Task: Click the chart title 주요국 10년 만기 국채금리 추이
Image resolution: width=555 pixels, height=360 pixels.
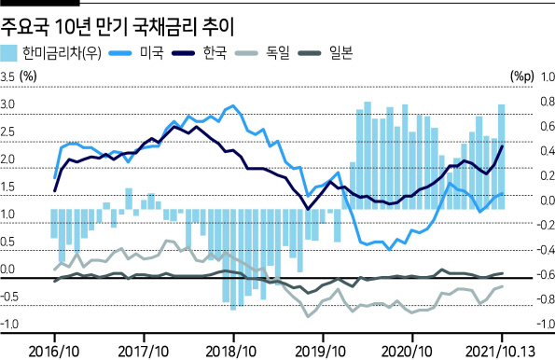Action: pos(118,27)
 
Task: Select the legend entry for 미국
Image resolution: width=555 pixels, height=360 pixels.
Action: pos(136,53)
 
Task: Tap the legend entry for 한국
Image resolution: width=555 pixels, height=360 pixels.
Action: pos(200,53)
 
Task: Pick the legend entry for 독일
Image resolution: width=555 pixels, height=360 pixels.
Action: pos(262,53)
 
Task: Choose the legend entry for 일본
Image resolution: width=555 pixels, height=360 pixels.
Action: pos(326,53)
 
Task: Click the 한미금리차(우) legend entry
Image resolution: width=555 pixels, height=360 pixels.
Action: pos(51,53)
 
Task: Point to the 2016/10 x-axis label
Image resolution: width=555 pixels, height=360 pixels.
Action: pos(54,352)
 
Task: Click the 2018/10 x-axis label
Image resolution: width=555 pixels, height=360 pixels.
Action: pos(230,352)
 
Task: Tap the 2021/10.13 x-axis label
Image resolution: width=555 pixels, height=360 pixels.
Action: pos(501,352)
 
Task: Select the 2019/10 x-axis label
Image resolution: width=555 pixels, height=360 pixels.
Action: pos(320,352)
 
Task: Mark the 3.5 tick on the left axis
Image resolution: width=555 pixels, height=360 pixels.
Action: pos(7,76)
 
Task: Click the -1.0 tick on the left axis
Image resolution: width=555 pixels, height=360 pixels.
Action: pos(9,324)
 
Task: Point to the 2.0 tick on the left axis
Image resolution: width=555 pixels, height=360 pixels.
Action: pos(7,159)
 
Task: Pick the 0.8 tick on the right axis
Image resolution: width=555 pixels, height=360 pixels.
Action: pos(548,102)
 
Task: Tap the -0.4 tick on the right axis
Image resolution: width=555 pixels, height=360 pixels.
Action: pos(546,250)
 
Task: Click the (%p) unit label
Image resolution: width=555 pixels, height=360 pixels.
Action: pos(522,76)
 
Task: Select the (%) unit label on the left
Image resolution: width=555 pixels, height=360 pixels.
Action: pos(28,76)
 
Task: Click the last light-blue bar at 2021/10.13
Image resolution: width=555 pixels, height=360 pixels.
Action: pos(502,157)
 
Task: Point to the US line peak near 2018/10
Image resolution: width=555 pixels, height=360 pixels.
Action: pos(232,105)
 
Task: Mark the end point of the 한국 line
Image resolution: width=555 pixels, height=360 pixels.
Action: pos(502,145)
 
